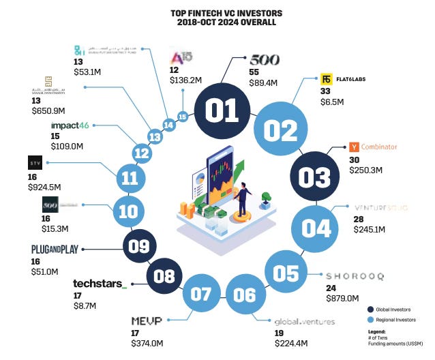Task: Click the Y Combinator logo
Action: coord(372,147)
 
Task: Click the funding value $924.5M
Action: coord(44,186)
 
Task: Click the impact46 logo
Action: coord(72,125)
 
